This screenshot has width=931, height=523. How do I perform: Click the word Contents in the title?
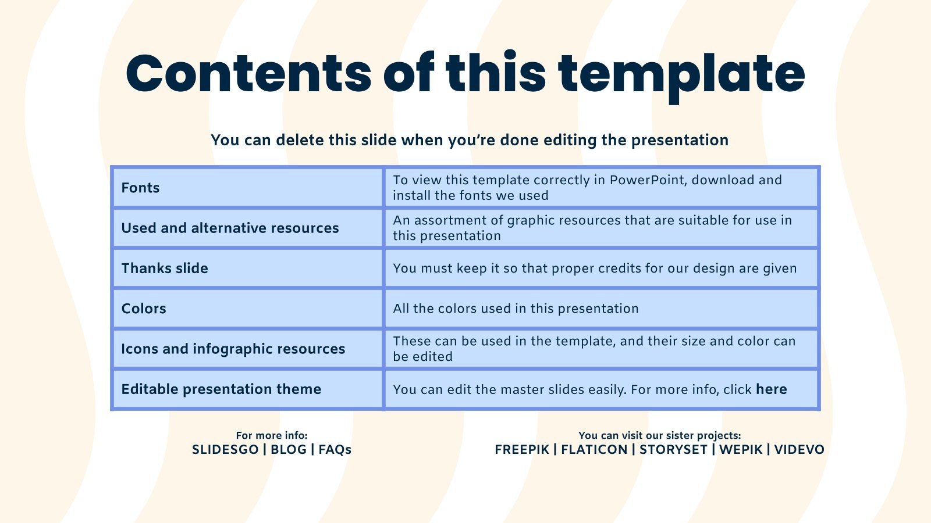(248, 73)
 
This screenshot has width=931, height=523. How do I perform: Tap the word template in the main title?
(681, 77)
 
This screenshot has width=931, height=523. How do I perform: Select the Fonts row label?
(140, 188)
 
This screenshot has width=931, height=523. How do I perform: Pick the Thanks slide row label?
(165, 268)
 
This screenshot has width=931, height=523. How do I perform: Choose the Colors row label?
(143, 309)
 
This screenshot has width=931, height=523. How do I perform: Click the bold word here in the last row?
(772, 389)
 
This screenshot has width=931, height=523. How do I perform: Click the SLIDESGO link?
(225, 450)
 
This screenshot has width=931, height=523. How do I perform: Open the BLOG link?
(289, 450)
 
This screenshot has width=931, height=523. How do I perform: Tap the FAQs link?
(335, 450)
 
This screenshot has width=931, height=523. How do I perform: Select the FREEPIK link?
(522, 450)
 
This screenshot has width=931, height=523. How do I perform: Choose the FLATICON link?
(594, 450)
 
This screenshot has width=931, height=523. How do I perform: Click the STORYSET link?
(673, 450)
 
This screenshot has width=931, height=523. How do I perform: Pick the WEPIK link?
(741, 450)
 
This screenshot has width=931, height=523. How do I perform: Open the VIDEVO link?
(799, 450)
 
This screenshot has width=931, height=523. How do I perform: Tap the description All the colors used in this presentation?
(516, 309)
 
